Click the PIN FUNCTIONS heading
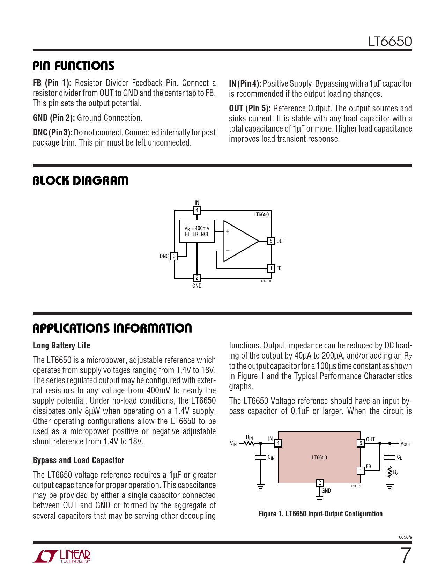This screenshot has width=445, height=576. coord(73,66)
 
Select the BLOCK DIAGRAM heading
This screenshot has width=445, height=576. coord(80,181)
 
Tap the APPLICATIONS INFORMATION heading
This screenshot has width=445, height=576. coord(112,328)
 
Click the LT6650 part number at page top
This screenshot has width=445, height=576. coord(390,42)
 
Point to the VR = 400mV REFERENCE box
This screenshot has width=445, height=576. coord(197,231)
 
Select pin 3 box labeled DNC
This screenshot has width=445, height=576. coord(174,256)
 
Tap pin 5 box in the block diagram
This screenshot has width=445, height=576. coord(271,241)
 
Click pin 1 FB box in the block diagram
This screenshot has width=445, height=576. coord(271,268)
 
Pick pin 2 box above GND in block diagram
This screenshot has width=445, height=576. coord(197,278)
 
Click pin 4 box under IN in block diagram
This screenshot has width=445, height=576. coord(197,211)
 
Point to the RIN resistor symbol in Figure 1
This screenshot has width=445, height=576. coord(249,443)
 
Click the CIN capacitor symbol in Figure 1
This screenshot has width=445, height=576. coord(260,457)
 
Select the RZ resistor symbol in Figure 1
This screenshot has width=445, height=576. coord(390,473)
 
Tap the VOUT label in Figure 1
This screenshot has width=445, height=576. coord(406,444)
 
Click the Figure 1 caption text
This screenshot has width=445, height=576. coord(320,514)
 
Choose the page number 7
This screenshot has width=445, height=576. coord(406,556)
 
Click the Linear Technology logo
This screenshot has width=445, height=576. coord(62,556)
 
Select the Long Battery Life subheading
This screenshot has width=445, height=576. coord(61,346)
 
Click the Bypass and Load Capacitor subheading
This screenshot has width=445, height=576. coord(79,460)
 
